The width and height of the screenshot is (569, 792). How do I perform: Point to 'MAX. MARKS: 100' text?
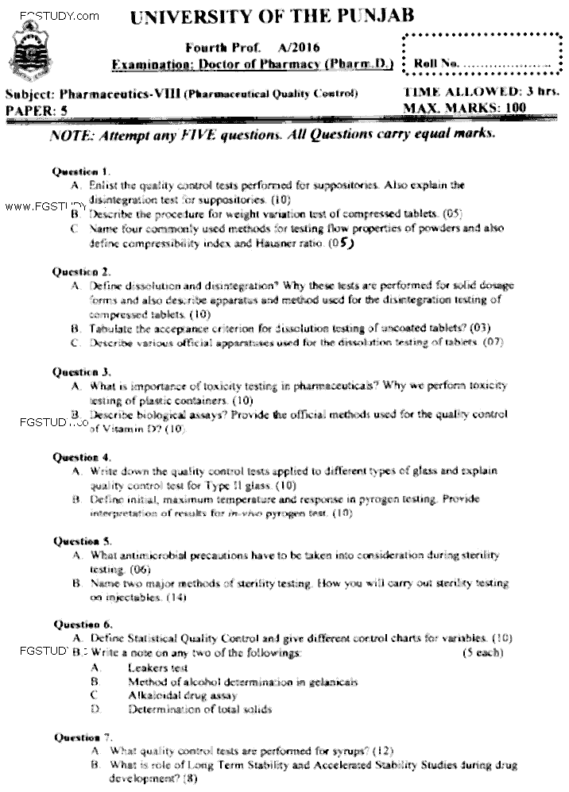465,107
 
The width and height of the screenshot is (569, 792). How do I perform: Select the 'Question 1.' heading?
81,171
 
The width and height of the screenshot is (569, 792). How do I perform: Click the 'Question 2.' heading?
81,271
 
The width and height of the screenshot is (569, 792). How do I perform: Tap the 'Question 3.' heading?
81,371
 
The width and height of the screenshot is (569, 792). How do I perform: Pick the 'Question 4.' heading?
81,458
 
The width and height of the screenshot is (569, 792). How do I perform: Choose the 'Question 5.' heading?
81,541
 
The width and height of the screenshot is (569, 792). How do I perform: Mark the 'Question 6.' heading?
81,625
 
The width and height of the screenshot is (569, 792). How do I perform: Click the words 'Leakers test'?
158,668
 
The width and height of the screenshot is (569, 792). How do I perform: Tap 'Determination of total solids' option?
199,709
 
